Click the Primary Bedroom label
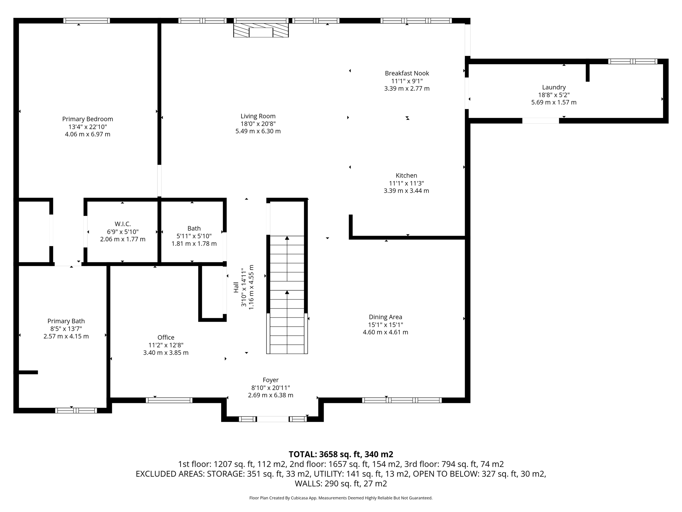coord(88,119)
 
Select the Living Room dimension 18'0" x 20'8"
coord(258,124)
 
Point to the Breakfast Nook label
coord(407,73)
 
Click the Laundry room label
coord(554,87)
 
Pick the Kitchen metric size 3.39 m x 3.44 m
coord(406,191)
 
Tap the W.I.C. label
coord(123,224)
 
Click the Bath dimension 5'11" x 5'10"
coord(194,236)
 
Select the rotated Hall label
coord(236,287)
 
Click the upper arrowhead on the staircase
coord(287,238)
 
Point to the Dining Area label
coord(385,317)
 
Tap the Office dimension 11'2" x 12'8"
coord(166,345)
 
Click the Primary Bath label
coord(66,321)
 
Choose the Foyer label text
coord(270,380)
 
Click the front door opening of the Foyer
coord(272,419)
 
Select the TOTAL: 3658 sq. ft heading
coord(341,454)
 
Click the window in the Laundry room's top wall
coord(632,61)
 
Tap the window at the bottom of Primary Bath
coord(76,410)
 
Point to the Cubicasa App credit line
coord(341,498)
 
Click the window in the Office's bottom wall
coord(169,400)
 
